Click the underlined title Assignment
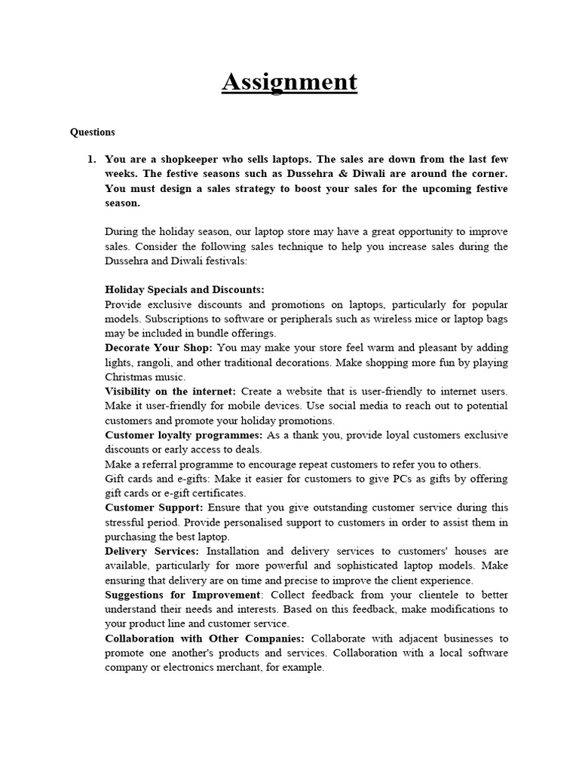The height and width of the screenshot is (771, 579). click(289, 81)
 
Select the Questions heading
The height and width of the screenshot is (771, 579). click(93, 132)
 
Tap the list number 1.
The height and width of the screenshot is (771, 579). click(92, 160)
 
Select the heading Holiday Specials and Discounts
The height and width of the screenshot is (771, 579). click(185, 290)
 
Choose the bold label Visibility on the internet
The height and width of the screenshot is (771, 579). click(170, 392)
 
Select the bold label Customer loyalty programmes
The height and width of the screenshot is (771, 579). click(184, 435)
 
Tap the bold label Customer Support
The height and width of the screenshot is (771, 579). click(154, 507)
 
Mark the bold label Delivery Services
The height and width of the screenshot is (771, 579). click(152, 551)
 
